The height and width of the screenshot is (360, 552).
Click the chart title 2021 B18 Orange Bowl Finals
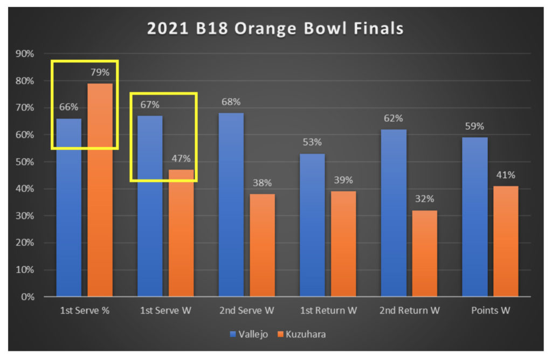coord(275,29)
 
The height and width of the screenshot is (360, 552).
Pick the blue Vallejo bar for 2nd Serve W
coord(231,205)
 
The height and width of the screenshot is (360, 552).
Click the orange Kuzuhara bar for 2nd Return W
coord(424,253)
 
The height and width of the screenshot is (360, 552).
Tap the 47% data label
coord(181,159)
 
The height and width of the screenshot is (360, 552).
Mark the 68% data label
coord(231,102)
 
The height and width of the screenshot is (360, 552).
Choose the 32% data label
coord(424,199)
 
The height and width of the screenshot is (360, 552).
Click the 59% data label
coord(474,127)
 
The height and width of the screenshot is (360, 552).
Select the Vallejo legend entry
coord(250,334)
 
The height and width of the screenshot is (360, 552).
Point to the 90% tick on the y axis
coord(25,54)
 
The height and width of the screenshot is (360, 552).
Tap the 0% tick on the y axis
coord(27,297)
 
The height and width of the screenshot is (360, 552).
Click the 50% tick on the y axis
coord(25,162)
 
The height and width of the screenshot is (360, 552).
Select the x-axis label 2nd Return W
coord(409,310)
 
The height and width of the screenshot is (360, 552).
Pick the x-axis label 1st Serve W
coord(165,310)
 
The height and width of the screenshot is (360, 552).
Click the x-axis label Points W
coord(490,310)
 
